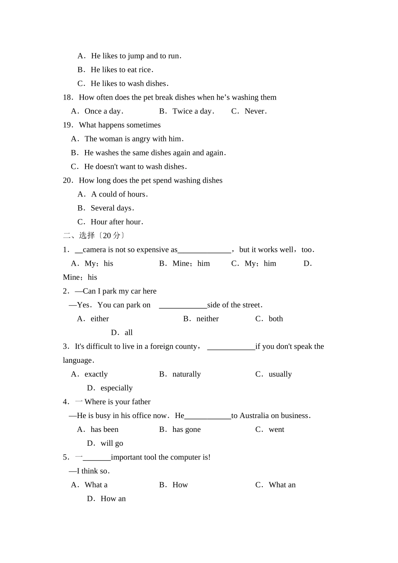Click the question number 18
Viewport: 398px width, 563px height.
point(67,98)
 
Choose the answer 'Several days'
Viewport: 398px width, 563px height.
point(111,208)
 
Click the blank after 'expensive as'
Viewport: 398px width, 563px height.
point(204,250)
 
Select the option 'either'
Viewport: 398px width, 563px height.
point(100,319)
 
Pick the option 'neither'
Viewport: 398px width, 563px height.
point(207,319)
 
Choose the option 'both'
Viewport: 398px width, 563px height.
point(276,319)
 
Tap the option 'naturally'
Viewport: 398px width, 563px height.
point(186,374)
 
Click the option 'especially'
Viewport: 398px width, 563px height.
point(116,388)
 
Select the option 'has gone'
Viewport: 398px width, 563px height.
point(186,429)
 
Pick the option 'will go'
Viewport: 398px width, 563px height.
point(112,443)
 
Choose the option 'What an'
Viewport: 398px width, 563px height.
point(282,485)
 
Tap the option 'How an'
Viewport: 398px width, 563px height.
point(113,498)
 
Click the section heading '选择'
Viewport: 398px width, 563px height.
point(87,236)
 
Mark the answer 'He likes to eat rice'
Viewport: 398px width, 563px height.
point(121,70)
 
